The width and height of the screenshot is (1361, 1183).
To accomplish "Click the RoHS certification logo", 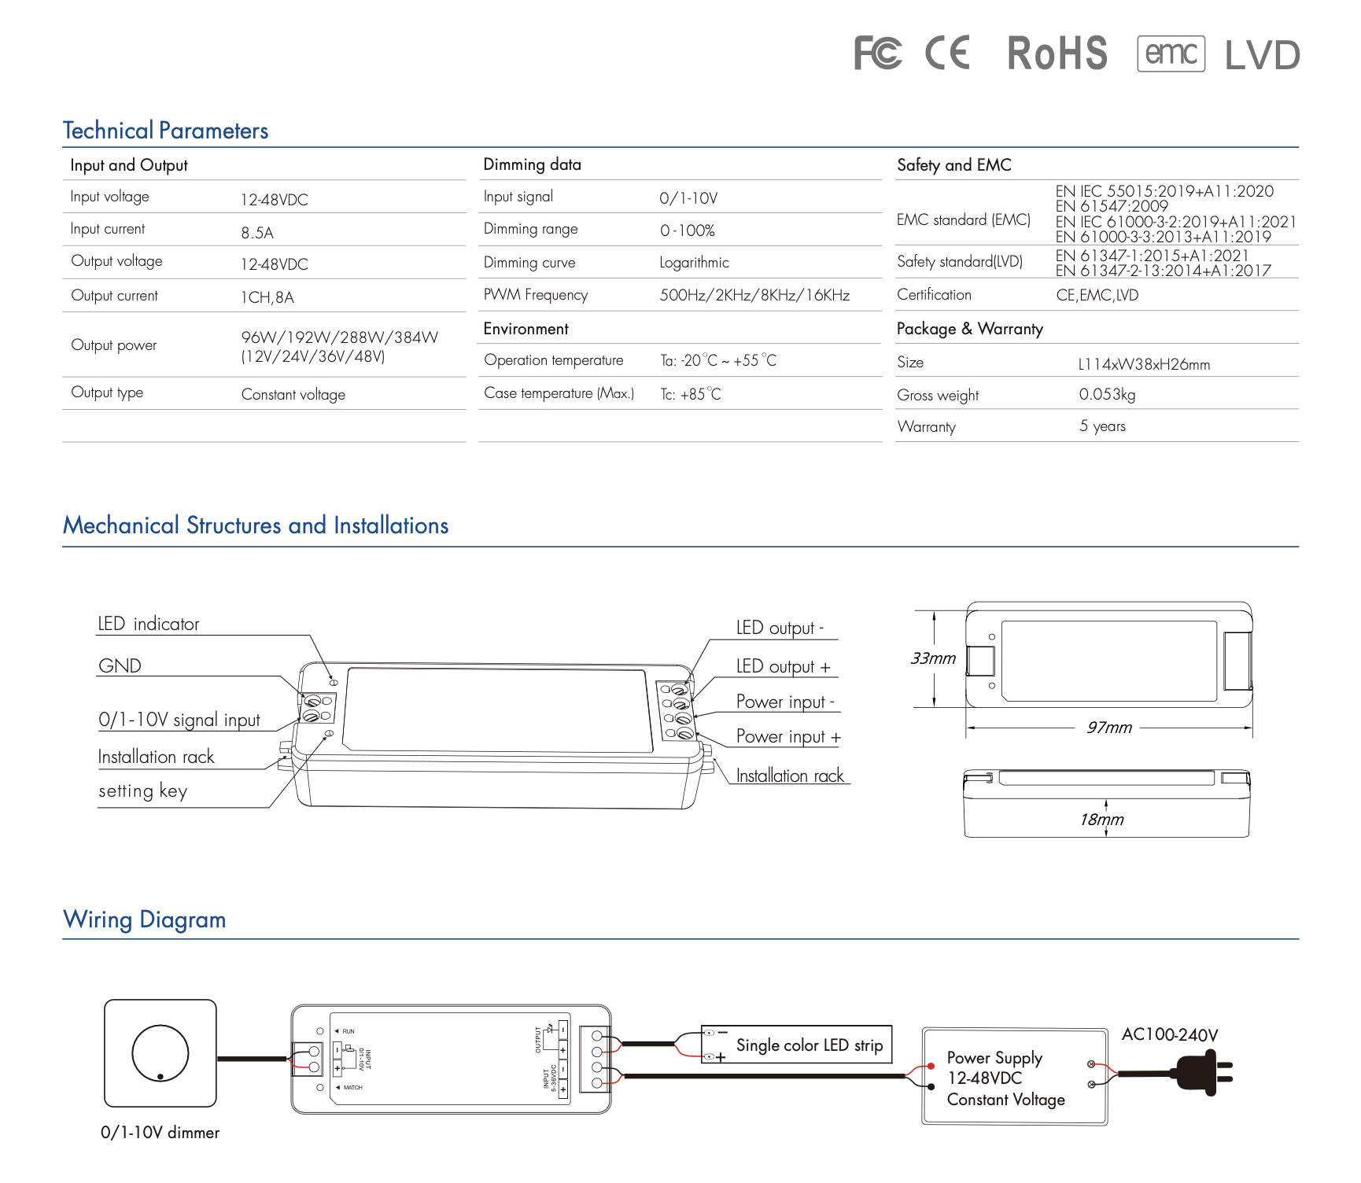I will (x=1057, y=53).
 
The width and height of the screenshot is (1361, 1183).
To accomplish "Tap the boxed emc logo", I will (x=1171, y=53).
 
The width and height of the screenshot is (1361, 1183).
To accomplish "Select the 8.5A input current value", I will (x=257, y=233).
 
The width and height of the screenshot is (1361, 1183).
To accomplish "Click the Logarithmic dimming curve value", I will (x=694, y=263).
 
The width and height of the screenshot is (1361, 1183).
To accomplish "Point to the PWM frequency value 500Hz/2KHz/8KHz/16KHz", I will (x=754, y=295).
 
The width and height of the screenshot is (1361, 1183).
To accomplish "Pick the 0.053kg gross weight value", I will (x=1107, y=394).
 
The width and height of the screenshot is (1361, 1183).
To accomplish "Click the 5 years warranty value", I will (x=1102, y=426).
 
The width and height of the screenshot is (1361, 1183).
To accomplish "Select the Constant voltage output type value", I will (x=293, y=394).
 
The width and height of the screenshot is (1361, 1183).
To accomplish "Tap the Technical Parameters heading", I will (x=165, y=131).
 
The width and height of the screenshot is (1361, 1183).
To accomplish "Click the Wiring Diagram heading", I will (x=145, y=919).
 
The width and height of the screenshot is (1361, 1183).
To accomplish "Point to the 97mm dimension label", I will (x=1108, y=728).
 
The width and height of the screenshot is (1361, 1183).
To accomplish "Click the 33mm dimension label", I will (x=933, y=658).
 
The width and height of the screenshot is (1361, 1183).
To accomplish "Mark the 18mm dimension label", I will (x=1101, y=820).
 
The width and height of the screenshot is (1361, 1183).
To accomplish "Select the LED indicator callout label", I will (x=149, y=624).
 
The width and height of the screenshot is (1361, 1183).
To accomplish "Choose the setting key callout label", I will (x=142, y=791).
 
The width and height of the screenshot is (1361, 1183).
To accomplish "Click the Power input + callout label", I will (x=788, y=737).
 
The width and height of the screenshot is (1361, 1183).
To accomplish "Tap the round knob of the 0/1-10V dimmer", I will (x=160, y=1053).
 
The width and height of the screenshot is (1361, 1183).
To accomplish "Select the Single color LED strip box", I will (x=796, y=1045).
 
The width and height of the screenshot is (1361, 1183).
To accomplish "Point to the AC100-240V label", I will (x=1169, y=1035).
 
